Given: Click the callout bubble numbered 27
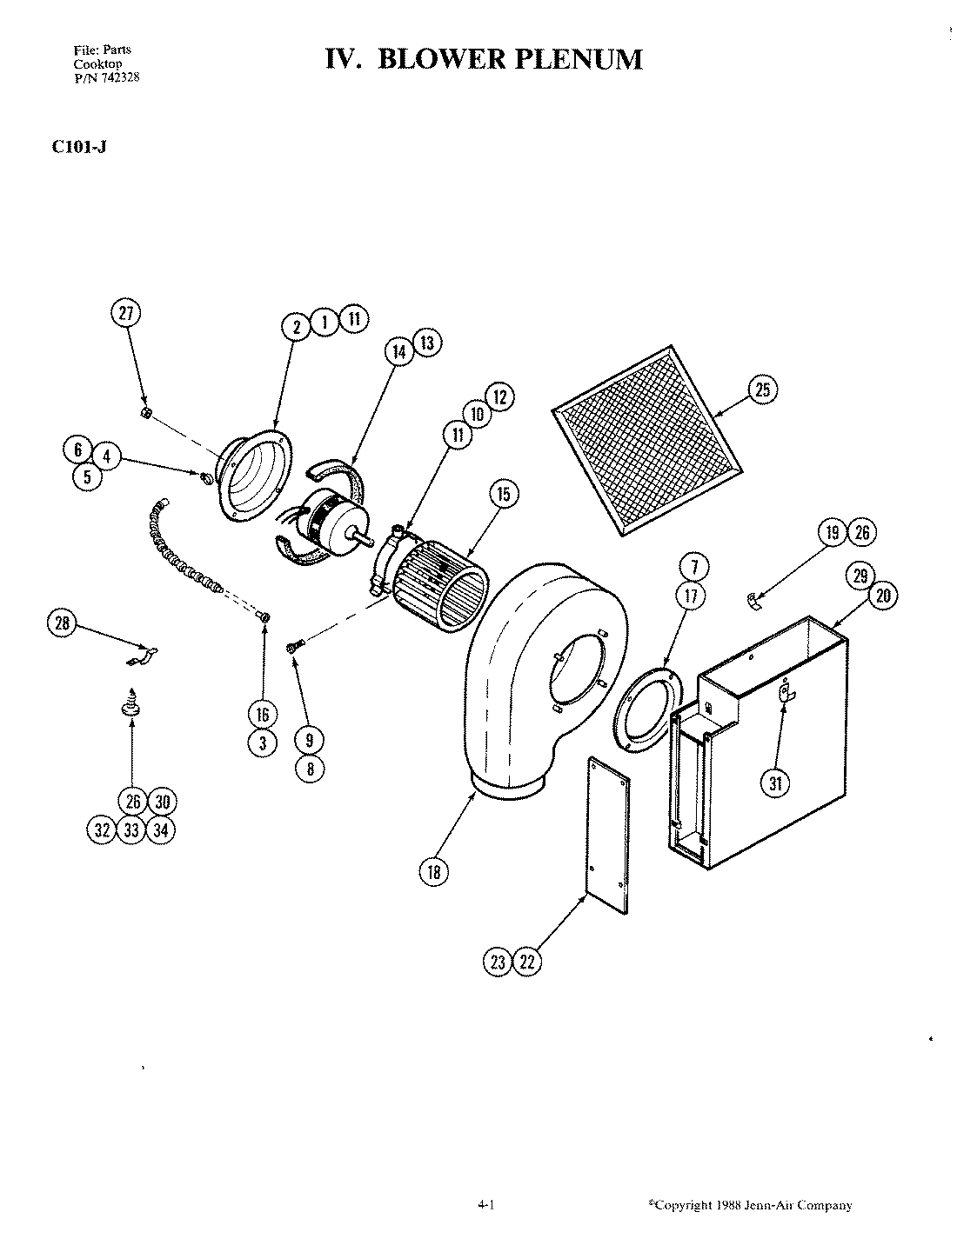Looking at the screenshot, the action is click(127, 314).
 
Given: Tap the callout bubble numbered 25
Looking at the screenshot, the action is click(762, 390).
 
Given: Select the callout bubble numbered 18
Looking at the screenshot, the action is click(433, 872).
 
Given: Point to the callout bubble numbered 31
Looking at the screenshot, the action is click(777, 783).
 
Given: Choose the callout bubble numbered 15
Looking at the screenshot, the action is click(503, 495).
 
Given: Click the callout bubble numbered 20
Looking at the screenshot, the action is click(883, 596).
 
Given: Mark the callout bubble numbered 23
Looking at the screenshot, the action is click(498, 962).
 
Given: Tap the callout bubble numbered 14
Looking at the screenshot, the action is click(398, 351).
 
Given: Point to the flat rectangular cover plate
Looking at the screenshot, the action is click(607, 836).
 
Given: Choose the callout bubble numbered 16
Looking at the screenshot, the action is click(262, 715).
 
